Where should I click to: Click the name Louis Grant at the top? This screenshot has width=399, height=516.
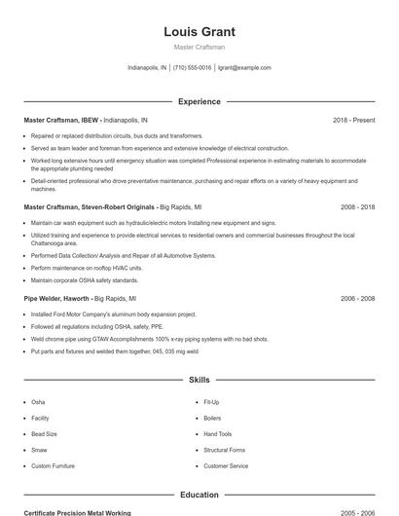click(199, 31)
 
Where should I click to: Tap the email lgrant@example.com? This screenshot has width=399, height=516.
click(244, 68)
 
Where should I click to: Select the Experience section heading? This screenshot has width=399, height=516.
click(199, 101)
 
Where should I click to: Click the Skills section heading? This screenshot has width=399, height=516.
click(199, 380)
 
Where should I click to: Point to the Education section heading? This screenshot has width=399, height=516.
click(199, 495)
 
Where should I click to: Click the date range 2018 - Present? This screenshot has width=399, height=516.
click(353, 120)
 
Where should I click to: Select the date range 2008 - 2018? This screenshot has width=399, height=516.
click(357, 207)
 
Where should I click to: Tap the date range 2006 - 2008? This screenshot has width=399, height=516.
click(357, 299)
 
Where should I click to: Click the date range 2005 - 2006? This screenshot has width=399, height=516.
click(357, 512)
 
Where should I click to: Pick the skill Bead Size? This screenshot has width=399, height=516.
click(45, 433)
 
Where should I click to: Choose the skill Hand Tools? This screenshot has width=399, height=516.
click(218, 433)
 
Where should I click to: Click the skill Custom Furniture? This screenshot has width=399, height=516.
click(53, 466)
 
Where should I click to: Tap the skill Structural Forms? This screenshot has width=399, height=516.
click(224, 450)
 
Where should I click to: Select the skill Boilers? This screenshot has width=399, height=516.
click(212, 418)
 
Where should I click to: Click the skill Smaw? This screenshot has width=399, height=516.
click(39, 450)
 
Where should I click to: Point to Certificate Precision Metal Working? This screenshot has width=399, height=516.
click(77, 512)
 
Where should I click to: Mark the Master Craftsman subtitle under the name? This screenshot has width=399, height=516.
click(199, 47)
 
